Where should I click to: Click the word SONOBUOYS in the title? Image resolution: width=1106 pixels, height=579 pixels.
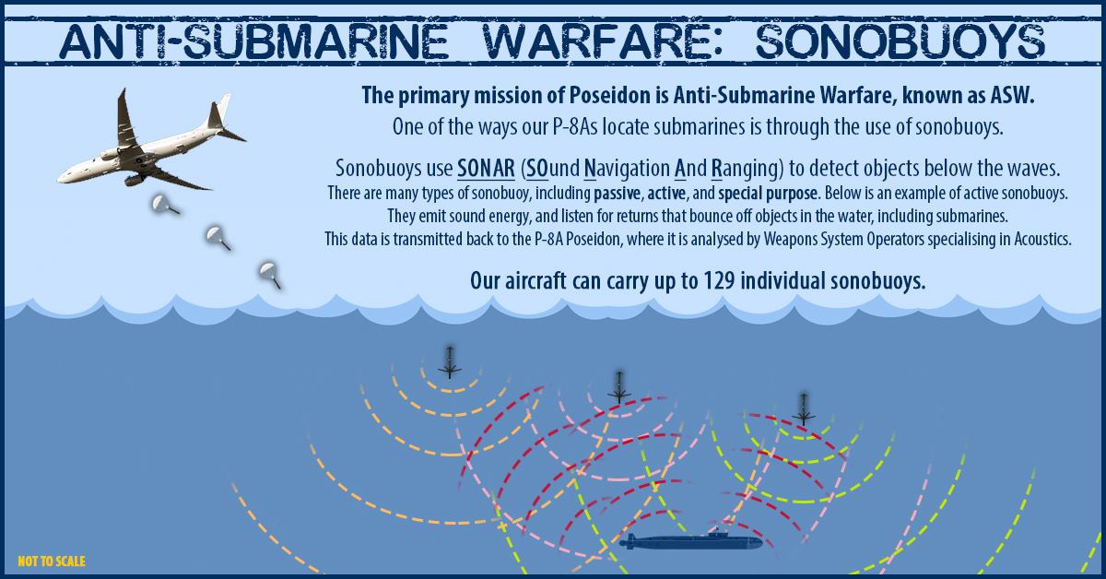click(x=900, y=41)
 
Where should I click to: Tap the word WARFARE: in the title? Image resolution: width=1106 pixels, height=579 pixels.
click(x=604, y=41)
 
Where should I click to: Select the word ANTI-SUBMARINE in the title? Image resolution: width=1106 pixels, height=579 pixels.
click(x=253, y=41)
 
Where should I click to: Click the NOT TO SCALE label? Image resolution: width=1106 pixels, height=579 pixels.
click(x=52, y=561)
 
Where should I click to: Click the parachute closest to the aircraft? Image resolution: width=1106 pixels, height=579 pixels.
click(x=164, y=204)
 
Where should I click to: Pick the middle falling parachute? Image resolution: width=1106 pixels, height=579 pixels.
click(x=218, y=237)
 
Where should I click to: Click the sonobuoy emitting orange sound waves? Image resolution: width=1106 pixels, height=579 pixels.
click(x=450, y=363)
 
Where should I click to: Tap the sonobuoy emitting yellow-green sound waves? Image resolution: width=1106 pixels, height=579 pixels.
click(x=804, y=409)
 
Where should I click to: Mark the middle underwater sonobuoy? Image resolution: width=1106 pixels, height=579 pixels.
click(x=619, y=387)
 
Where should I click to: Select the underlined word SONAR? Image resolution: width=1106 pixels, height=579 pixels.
click(x=486, y=169)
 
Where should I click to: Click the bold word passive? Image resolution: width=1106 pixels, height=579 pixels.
click(x=618, y=194)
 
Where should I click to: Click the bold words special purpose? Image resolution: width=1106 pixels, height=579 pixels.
click(x=767, y=194)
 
